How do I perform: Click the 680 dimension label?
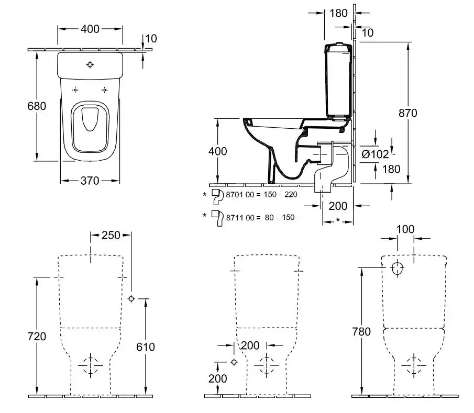(37, 106)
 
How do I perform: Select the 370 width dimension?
(90, 181)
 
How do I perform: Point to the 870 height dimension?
(407, 113)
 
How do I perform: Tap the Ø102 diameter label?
(376, 154)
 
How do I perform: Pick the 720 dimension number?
(37, 336)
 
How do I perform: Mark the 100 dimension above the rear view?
(405, 229)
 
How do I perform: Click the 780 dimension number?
(361, 331)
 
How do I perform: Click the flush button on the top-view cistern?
(90, 65)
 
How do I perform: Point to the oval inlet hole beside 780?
(398, 269)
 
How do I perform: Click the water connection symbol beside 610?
(131, 298)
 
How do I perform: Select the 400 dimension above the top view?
(90, 29)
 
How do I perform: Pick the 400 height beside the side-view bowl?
(217, 151)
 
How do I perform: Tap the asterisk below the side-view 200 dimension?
(338, 219)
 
